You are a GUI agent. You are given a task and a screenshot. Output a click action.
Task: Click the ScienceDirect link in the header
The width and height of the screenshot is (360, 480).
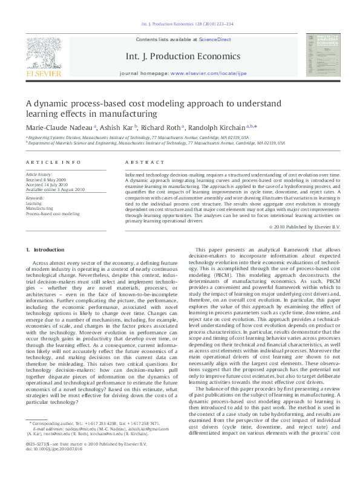coord(216,39)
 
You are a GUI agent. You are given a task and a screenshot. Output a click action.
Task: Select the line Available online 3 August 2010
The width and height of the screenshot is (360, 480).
coord(55,189)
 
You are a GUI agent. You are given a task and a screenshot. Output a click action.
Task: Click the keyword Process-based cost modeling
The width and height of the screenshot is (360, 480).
coord(53,213)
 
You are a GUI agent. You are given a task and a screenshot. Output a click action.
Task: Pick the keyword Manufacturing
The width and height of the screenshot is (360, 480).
coord(39,209)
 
